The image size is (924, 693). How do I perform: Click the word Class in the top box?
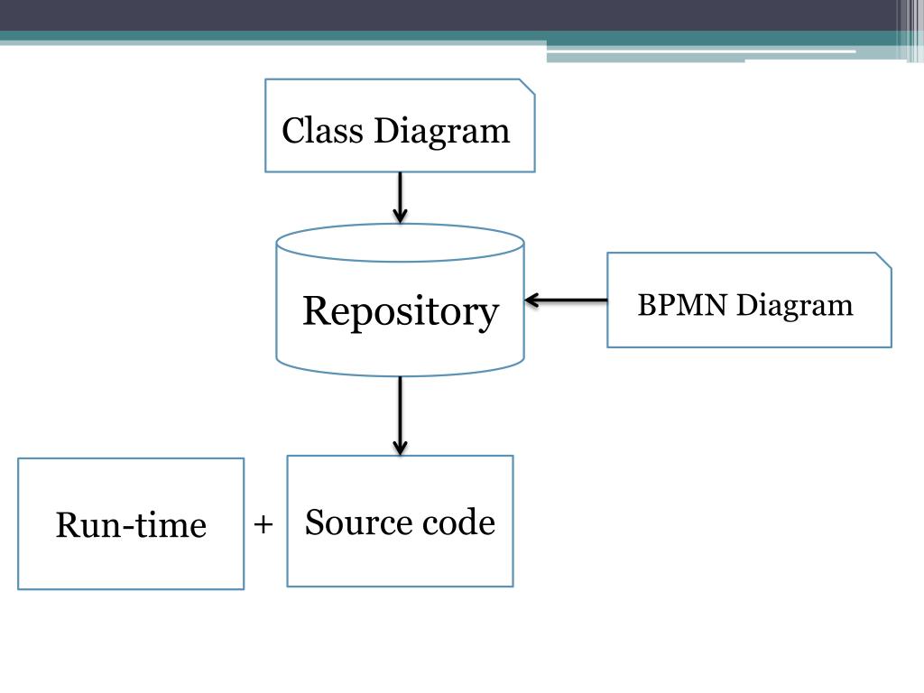coord(322,130)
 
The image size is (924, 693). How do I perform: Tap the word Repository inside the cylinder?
coord(401,313)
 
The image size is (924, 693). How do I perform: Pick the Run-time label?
coord(131,524)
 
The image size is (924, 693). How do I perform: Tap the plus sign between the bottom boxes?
coord(263,524)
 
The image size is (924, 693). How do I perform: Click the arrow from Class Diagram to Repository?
coord(400,198)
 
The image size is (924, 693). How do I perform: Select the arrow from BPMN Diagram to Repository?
coord(566,300)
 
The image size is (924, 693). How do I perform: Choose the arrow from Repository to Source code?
coord(400,416)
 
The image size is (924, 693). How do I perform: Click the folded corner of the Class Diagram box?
coord(527,87)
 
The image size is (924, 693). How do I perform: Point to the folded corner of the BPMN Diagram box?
coord(883,261)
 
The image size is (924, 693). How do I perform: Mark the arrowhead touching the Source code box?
coord(400,448)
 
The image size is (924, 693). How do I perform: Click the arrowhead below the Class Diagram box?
coord(400,215)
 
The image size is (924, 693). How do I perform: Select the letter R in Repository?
coord(316,310)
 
